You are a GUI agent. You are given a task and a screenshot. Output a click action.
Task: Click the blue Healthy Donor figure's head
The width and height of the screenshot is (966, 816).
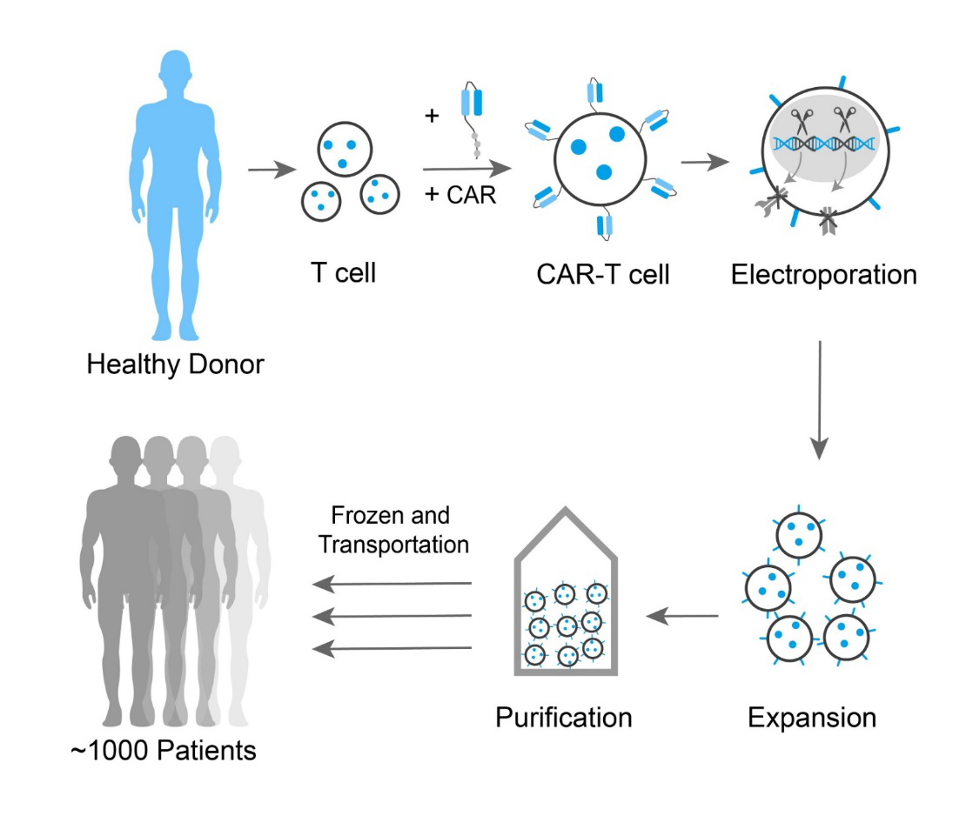pyautogui.click(x=176, y=70)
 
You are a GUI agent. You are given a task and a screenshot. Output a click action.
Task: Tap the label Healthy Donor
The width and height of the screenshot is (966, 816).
pyautogui.click(x=176, y=364)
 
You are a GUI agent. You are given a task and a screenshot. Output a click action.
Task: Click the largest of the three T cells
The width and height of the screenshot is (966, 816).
pyautogui.click(x=345, y=149)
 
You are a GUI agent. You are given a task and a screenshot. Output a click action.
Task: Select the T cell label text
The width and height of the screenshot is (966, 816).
pyautogui.click(x=343, y=273)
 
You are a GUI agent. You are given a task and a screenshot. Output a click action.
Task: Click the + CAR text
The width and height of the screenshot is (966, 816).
pyautogui.click(x=460, y=195)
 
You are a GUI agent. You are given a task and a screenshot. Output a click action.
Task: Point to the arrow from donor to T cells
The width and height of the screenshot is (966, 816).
pyautogui.click(x=272, y=170)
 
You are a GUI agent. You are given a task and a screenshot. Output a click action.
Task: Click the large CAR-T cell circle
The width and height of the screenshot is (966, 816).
pyautogui.click(x=600, y=159)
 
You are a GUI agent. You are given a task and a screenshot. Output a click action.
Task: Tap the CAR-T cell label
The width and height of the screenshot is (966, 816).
pyautogui.click(x=602, y=275)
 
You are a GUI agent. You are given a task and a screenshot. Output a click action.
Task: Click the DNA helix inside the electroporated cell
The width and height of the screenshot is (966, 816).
pyautogui.click(x=824, y=144)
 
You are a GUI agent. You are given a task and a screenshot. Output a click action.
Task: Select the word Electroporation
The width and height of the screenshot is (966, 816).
pyautogui.click(x=823, y=275)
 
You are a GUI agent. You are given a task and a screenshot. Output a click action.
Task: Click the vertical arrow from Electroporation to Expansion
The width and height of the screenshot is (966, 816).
pyautogui.click(x=820, y=400)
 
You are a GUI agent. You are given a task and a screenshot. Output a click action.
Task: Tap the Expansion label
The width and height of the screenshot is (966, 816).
pyautogui.click(x=812, y=718)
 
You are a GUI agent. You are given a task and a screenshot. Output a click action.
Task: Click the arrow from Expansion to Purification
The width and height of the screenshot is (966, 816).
pyautogui.click(x=682, y=615)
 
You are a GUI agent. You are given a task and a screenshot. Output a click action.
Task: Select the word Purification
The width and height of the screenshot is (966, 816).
pyautogui.click(x=564, y=718)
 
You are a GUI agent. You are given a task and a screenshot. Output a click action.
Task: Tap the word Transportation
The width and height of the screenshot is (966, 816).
pyautogui.click(x=393, y=545)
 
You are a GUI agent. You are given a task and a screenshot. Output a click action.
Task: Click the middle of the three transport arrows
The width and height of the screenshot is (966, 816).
pyautogui.click(x=392, y=616)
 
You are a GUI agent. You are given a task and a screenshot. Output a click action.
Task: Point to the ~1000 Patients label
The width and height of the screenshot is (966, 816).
pyautogui.click(x=164, y=751)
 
